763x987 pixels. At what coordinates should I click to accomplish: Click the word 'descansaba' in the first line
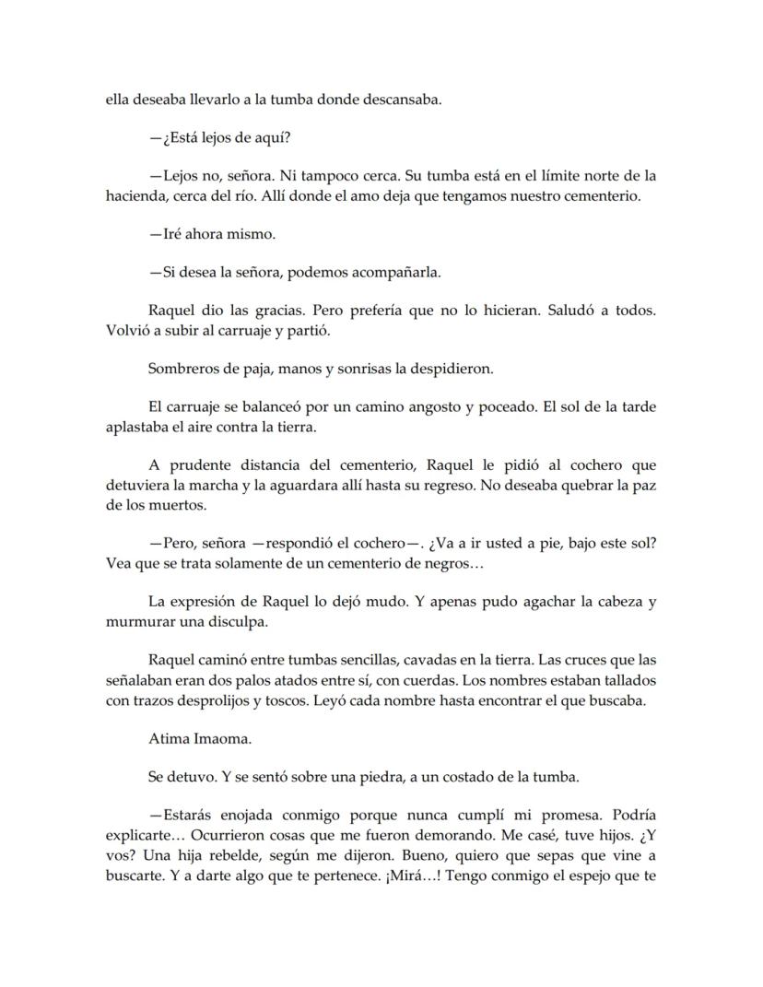[398, 100]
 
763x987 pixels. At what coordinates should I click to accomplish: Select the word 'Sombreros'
[182, 369]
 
